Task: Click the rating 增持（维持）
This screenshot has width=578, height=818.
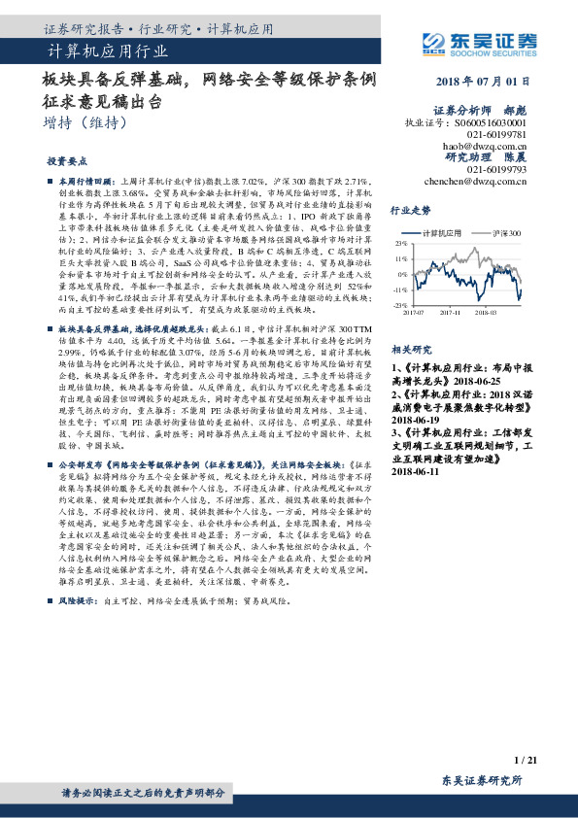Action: coord(85,123)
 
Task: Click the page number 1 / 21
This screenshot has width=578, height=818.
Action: coord(526,760)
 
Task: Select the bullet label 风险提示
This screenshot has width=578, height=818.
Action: coord(81,602)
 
